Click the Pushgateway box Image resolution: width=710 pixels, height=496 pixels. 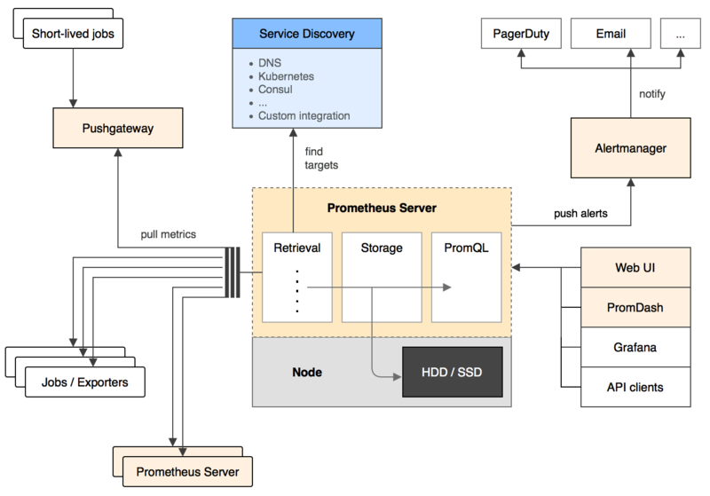point(117,129)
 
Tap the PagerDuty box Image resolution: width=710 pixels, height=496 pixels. point(521,35)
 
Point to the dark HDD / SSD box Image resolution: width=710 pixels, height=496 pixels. point(453,372)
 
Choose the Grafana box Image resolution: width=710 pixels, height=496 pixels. point(635,347)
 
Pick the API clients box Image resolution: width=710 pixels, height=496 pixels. point(635,387)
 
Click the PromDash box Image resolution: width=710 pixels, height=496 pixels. point(635,307)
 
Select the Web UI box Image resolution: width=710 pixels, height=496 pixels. point(635,267)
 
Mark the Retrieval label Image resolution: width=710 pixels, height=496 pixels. point(297,248)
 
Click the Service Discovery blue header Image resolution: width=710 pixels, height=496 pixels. point(307,35)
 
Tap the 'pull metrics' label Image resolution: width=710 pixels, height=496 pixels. point(169,234)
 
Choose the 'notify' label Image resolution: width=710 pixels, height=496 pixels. point(651,93)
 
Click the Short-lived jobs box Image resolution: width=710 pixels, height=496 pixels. point(72,35)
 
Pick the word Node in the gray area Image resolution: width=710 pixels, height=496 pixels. point(307,373)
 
